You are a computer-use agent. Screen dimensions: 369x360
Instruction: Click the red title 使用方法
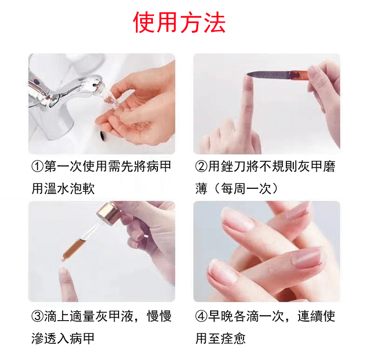coord(179,22)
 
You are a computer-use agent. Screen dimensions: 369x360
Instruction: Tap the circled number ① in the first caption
coord(37,166)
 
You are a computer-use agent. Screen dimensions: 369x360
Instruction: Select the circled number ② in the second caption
coord(201,166)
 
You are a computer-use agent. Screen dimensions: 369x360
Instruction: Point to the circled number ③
coord(37,316)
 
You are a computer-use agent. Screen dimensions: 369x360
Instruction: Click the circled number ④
coord(201,316)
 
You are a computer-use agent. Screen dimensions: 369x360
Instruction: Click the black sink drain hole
coord(102,135)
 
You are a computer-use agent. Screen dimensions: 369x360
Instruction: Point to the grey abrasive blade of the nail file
coord(268,75)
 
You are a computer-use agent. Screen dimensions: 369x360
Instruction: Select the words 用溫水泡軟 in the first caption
coord(63,188)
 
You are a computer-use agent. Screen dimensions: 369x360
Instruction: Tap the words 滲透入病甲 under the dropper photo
coord(63,338)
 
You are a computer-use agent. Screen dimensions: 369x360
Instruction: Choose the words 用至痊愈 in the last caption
coord(220,338)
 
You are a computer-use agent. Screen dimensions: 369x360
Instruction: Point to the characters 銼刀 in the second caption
coord(233,166)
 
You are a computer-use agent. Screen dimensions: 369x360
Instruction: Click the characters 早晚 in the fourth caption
coord(221,316)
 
